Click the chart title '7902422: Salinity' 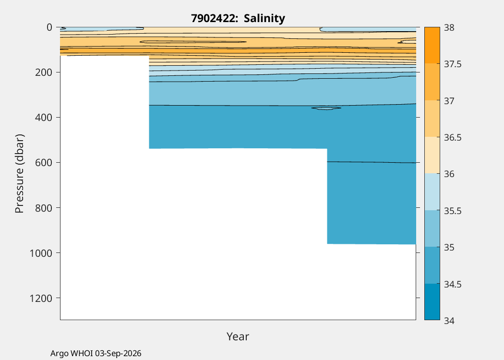click(238, 18)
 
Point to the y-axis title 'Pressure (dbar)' click(19, 174)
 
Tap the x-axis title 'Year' click(238, 336)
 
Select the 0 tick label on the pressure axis click(49, 27)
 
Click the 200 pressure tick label click(43, 72)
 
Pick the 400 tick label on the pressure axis click(43, 117)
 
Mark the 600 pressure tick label click(43, 163)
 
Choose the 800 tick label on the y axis click(43, 208)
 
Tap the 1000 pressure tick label click(41, 253)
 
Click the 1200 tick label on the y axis click(41, 298)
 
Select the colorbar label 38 click(449, 28)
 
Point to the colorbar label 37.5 click(453, 64)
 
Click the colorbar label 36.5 click(453, 137)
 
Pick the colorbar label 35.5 click(453, 211)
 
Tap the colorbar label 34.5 click(453, 284)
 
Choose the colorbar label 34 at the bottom click(449, 321)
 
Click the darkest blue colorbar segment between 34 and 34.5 click(432, 302)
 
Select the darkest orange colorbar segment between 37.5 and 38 click(432, 45)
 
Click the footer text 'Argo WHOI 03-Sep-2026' click(96, 353)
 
